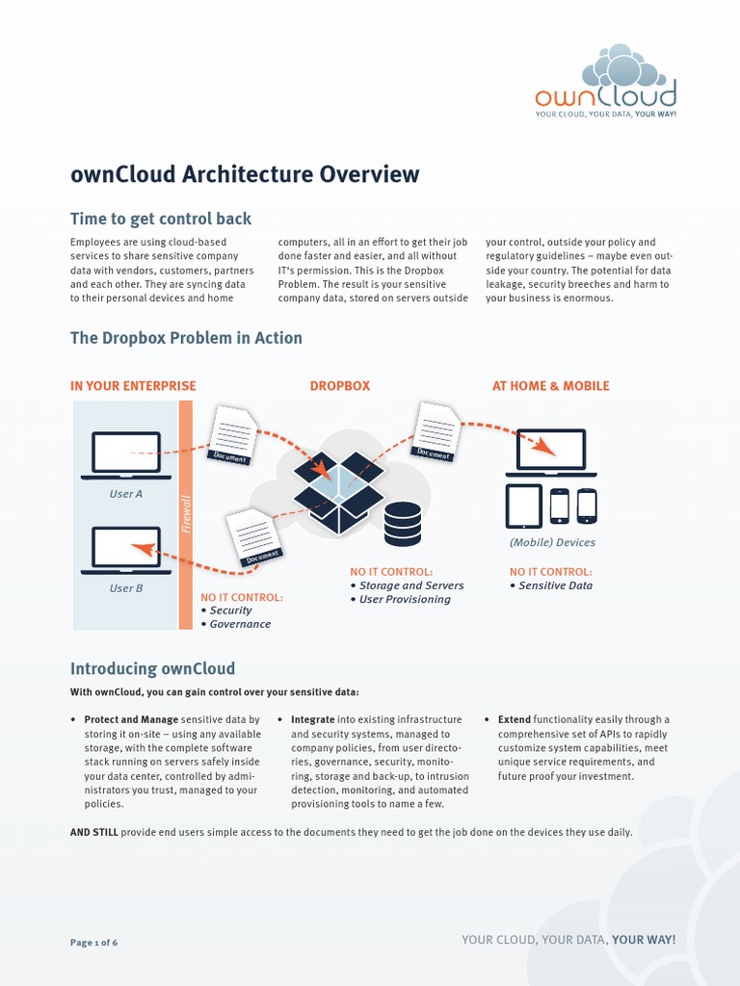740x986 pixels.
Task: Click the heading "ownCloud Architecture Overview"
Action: (245, 174)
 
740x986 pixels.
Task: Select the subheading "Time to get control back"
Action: (161, 219)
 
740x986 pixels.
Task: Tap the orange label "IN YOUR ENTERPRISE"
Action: (133, 386)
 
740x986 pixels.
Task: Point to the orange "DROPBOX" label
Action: (339, 386)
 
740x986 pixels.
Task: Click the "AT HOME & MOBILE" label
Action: (550, 386)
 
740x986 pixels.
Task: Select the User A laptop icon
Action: (126, 454)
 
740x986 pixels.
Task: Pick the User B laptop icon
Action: (126, 549)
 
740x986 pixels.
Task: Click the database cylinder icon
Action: (403, 524)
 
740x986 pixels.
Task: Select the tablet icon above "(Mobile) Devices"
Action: (523, 506)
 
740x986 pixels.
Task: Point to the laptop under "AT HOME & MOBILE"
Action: (551, 452)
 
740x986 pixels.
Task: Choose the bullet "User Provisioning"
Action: (405, 599)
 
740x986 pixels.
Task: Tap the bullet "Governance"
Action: (240, 624)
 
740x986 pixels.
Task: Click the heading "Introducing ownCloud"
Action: (152, 669)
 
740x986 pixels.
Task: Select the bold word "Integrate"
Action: (313, 719)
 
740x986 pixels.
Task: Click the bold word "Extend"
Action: (515, 719)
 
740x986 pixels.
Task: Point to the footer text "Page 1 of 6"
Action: (94, 942)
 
